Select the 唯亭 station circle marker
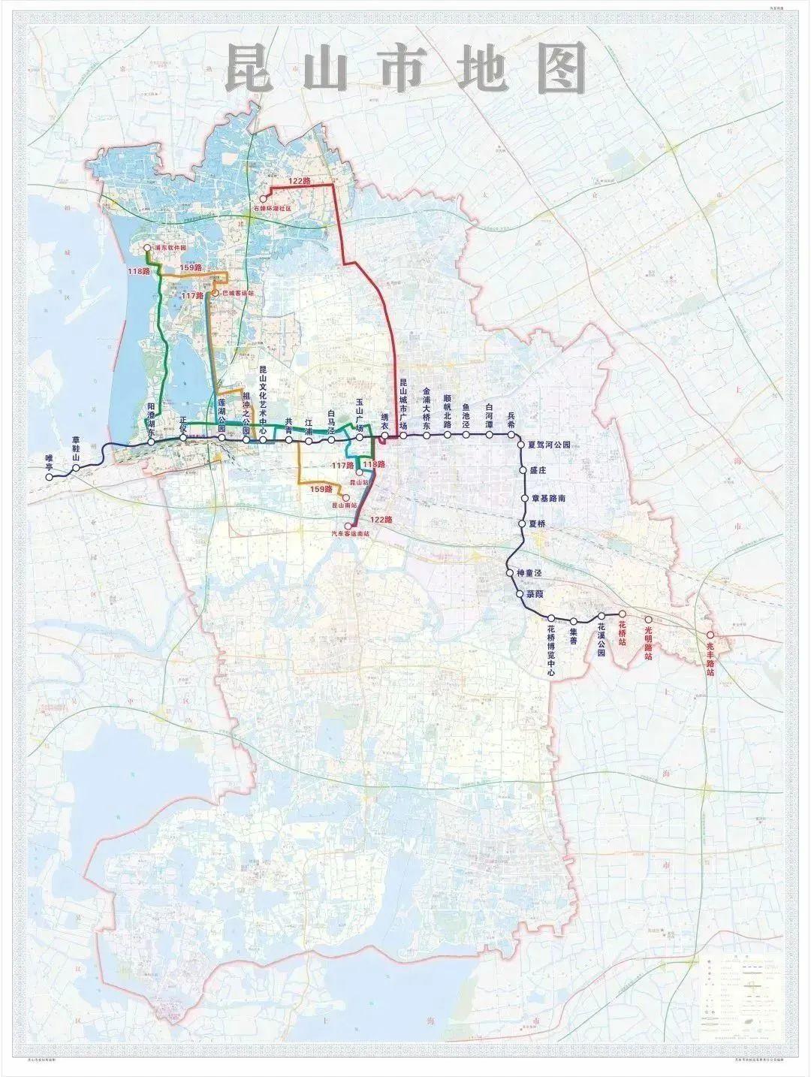pyautogui.click(x=50, y=477)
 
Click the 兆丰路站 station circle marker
pyautogui.click(x=710, y=635)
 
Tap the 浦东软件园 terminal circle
pyautogui.click(x=147, y=247)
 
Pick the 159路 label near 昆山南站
pyautogui.click(x=321, y=489)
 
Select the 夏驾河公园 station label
pyautogui.click(x=559, y=445)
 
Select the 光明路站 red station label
pyautogui.click(x=649, y=638)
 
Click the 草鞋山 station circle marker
pyautogui.click(x=76, y=469)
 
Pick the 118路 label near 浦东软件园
pyautogui.click(x=138, y=270)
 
